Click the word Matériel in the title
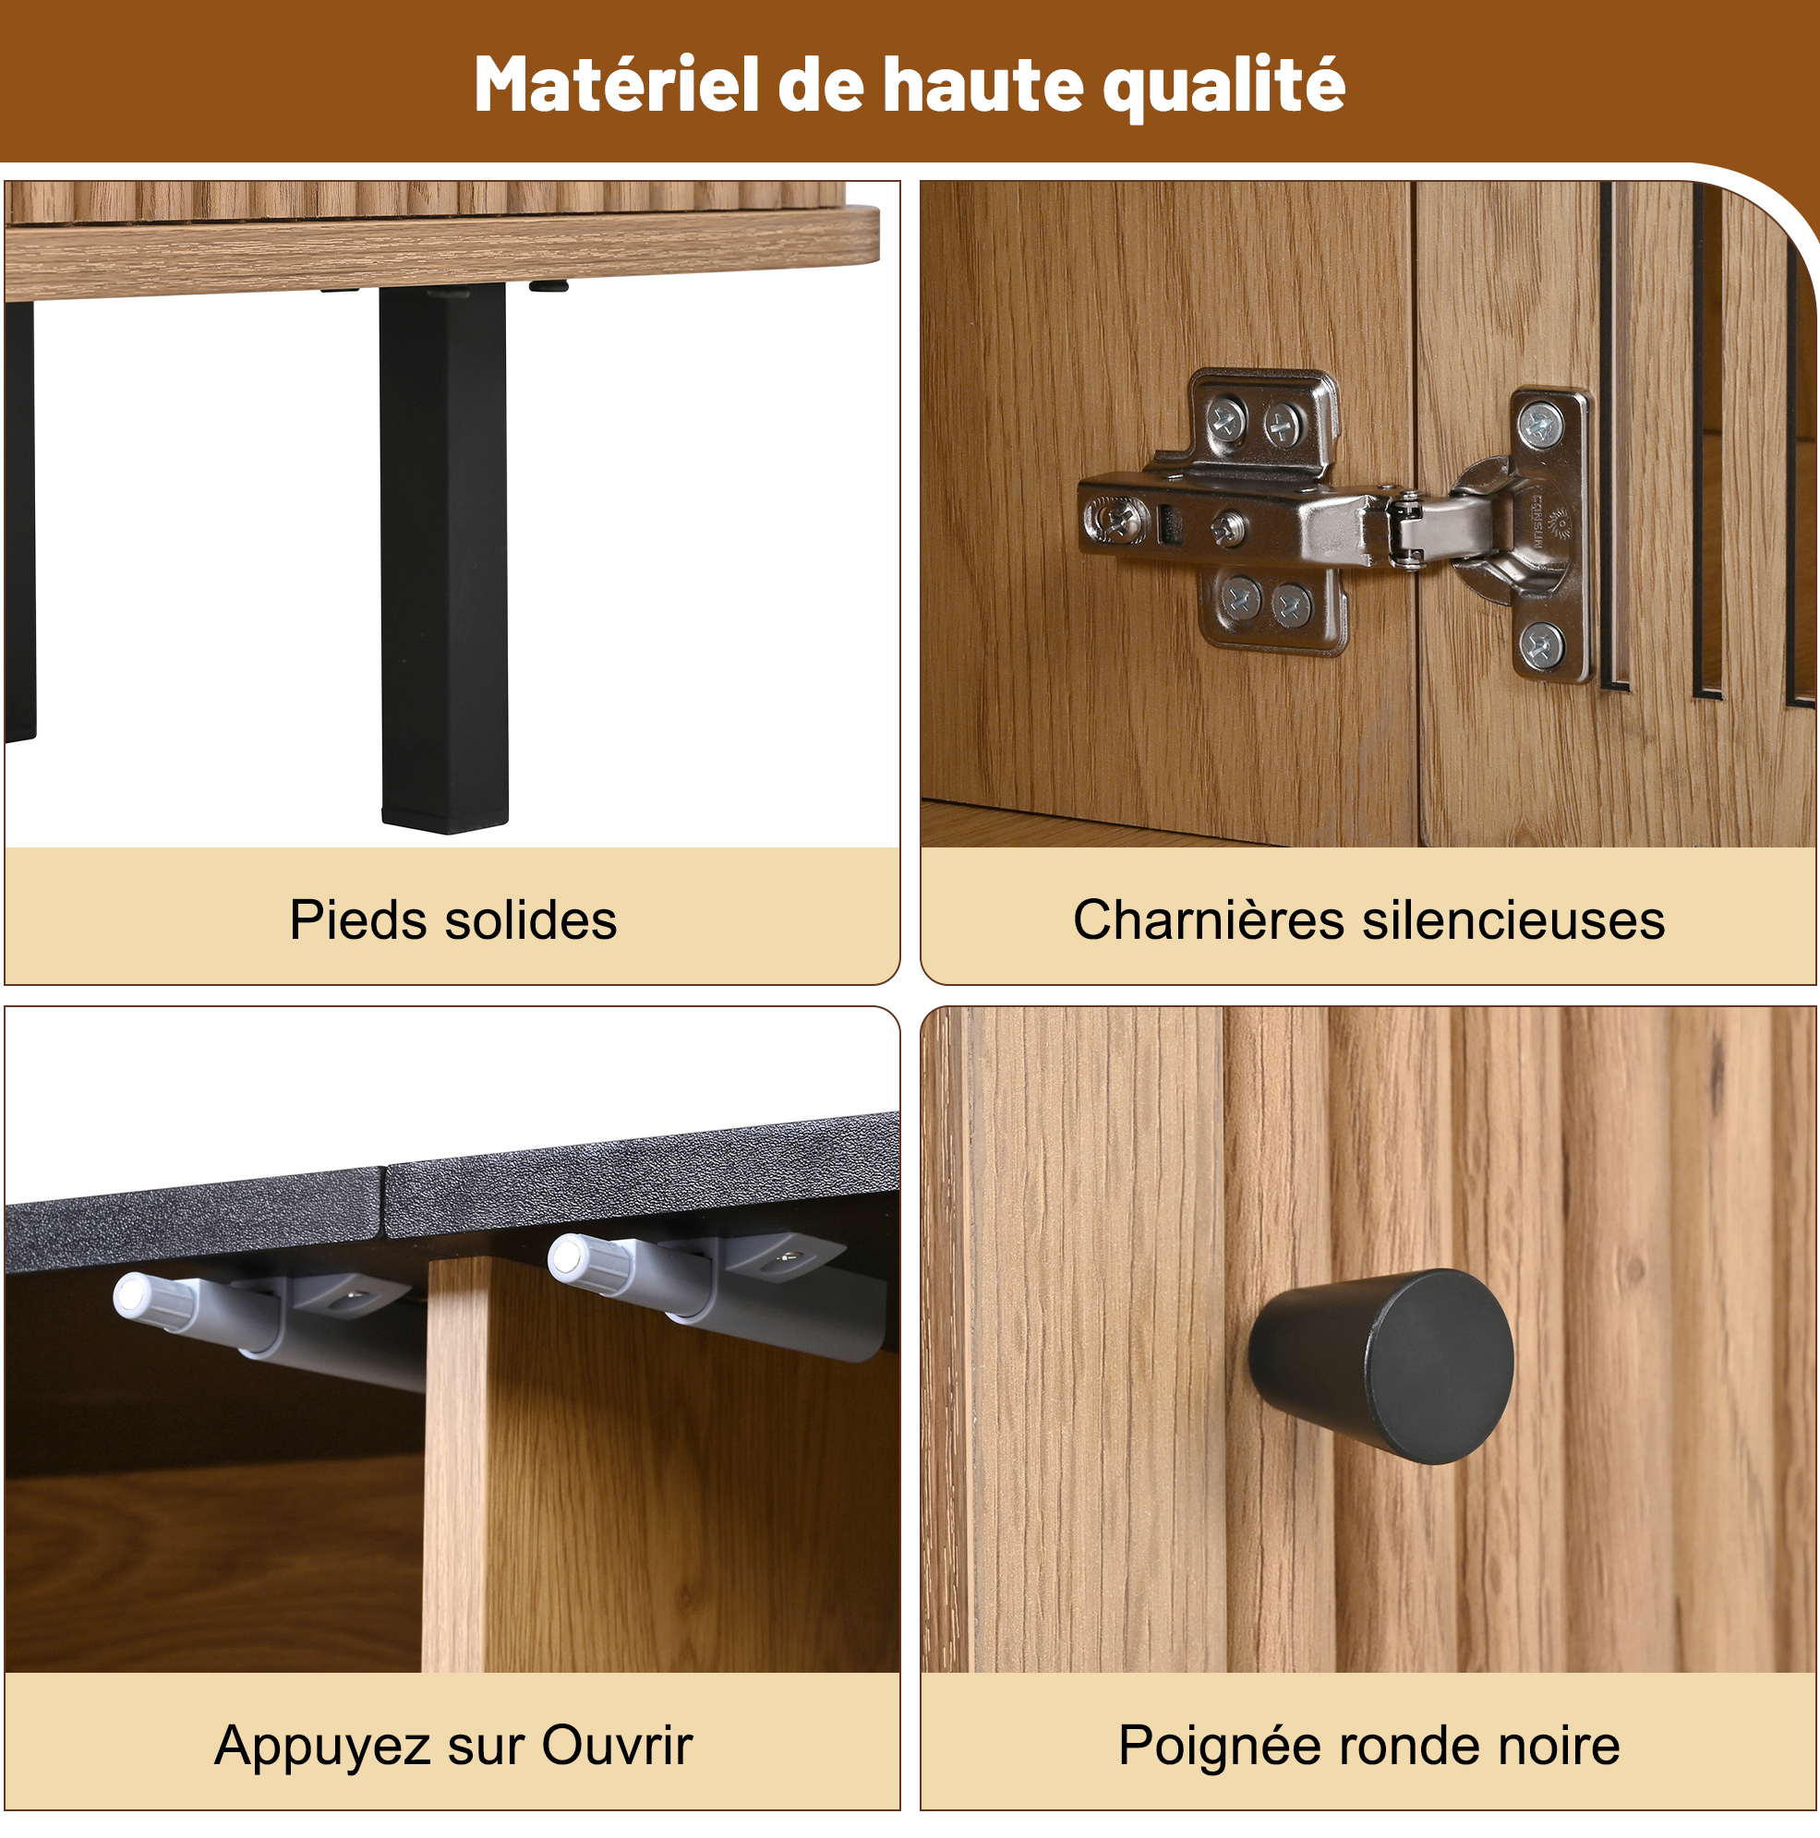tap(617, 86)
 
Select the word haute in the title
tap(983, 86)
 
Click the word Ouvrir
tap(618, 1746)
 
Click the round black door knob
tap(1381, 1366)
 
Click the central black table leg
tap(443, 559)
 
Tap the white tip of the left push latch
tap(130, 1296)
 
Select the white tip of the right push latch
tap(567, 1256)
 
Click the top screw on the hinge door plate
tap(1540, 425)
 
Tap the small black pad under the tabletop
tap(548, 284)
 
